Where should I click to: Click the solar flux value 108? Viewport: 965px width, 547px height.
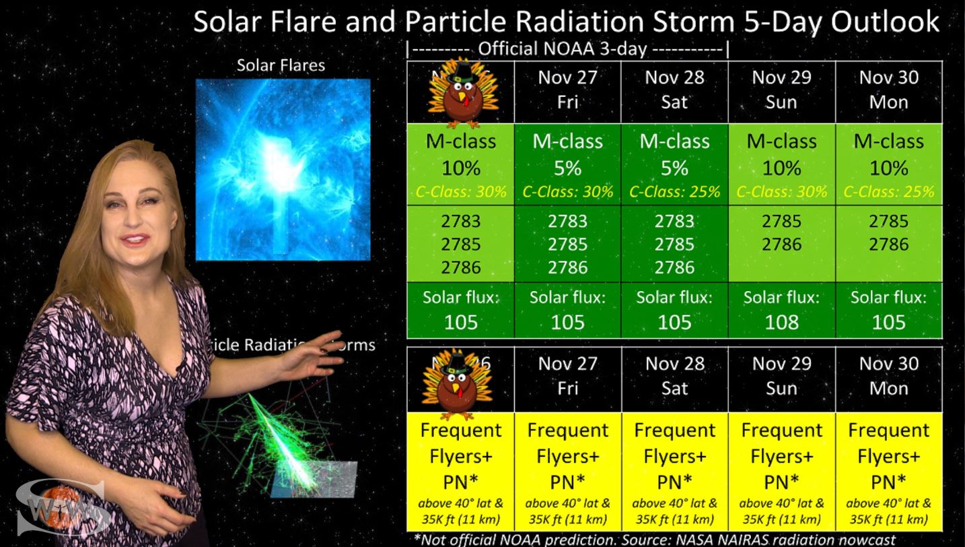tap(781, 322)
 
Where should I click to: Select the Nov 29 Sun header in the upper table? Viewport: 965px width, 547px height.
tap(781, 90)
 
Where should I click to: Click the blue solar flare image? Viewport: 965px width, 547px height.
tap(283, 170)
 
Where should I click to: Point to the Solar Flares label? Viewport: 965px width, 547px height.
tap(281, 65)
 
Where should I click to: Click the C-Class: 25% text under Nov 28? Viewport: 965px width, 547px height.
tap(674, 192)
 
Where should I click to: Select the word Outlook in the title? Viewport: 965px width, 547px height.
tap(885, 22)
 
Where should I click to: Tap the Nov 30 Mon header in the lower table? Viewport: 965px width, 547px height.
tap(888, 376)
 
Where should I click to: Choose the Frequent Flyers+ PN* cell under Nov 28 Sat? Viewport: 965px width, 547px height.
tap(674, 456)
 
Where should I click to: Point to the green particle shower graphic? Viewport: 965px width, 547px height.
tap(283, 438)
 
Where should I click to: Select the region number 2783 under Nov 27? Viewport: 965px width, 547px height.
tap(567, 221)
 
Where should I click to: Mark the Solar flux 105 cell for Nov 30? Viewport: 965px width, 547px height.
tap(888, 310)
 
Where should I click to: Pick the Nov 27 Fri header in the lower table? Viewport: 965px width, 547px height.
tap(567, 376)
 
